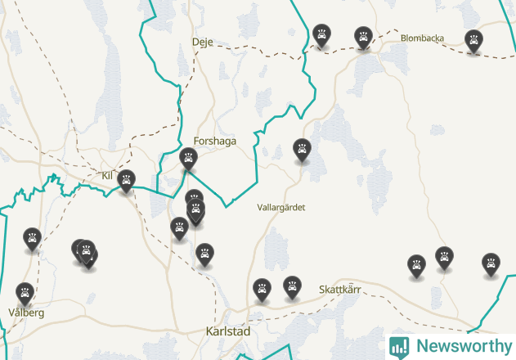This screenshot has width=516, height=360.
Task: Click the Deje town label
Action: coord(201,42)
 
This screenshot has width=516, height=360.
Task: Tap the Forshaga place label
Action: coord(215,141)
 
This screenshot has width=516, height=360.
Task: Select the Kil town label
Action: coord(107,175)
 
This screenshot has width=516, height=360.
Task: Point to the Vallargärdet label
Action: coord(280,208)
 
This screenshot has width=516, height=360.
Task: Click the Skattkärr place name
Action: coord(339,290)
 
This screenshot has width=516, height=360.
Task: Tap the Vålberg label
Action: coord(25,313)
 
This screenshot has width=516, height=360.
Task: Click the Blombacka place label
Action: coord(422,38)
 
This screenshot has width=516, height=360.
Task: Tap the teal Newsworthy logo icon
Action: coord(399,346)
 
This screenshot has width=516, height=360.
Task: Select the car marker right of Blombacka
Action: coord(473,39)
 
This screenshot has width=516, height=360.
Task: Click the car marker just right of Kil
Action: coord(126,180)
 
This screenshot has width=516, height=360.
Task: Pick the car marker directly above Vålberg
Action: coord(25,292)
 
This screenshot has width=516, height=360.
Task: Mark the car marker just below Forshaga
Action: coord(188,157)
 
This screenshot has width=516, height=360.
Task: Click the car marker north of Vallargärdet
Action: coord(303,150)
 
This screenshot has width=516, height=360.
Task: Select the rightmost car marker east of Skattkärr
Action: coord(491,263)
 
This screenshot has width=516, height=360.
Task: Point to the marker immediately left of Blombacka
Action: coord(362,36)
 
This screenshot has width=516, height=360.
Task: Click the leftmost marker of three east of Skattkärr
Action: coord(417,265)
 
